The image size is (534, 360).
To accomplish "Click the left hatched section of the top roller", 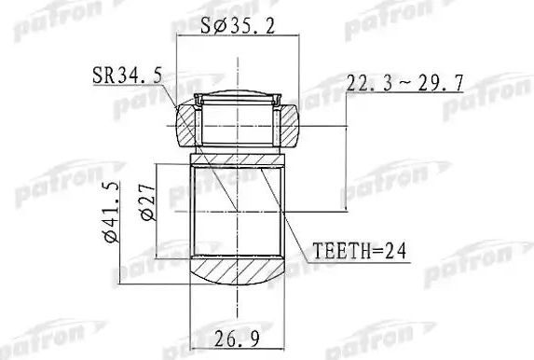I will pyautogui.click(x=188, y=123).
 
